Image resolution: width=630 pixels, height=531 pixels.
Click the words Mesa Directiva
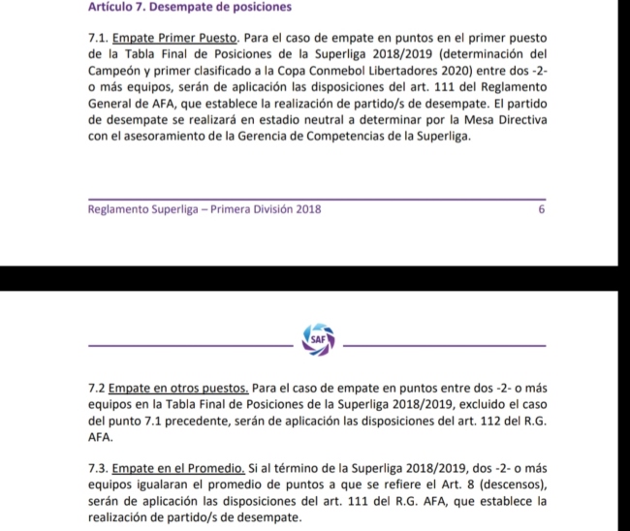coord(504,119)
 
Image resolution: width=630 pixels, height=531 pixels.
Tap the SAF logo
coord(317,338)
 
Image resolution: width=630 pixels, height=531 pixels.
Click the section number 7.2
coord(96,389)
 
